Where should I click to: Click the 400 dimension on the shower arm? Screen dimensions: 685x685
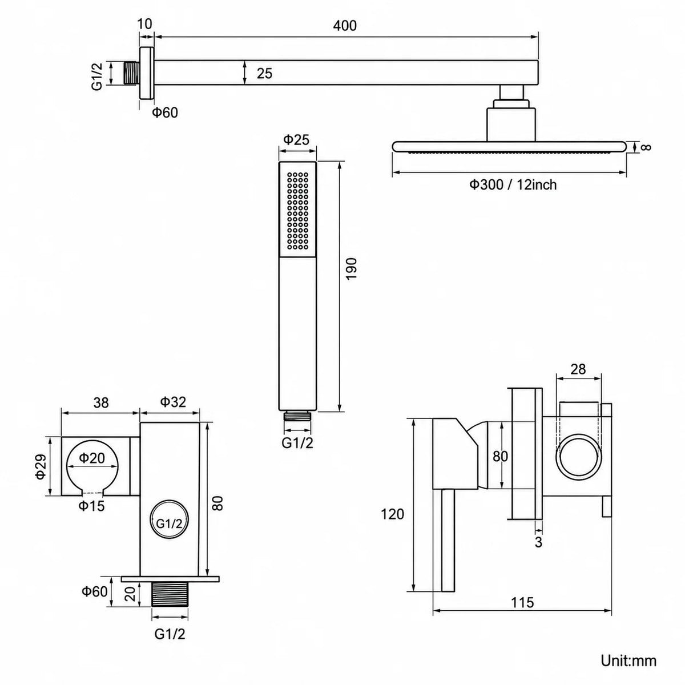(x=345, y=26)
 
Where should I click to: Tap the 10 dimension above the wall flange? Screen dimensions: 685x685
(x=144, y=23)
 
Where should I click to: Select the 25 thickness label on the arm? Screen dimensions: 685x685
(x=264, y=73)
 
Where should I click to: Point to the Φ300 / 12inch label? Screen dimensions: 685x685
(x=513, y=185)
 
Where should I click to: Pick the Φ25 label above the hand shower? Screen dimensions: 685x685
(x=296, y=140)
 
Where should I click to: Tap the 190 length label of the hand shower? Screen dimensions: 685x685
(x=351, y=269)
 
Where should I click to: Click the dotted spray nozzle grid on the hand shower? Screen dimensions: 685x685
(x=297, y=211)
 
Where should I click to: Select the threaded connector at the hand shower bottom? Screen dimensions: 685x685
(x=297, y=416)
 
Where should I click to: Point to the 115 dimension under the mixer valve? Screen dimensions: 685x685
(x=522, y=602)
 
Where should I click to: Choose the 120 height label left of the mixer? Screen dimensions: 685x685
(x=392, y=514)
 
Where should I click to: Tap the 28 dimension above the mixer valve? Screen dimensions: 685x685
(x=578, y=369)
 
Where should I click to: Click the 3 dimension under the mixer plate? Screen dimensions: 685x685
(x=538, y=542)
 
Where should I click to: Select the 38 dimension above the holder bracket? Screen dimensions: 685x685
(x=101, y=403)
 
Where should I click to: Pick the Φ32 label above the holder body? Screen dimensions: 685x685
(x=173, y=402)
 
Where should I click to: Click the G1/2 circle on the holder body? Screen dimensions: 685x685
(x=169, y=523)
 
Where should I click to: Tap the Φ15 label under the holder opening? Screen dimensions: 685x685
(x=91, y=506)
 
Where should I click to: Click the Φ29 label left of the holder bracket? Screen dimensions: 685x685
(x=42, y=466)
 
